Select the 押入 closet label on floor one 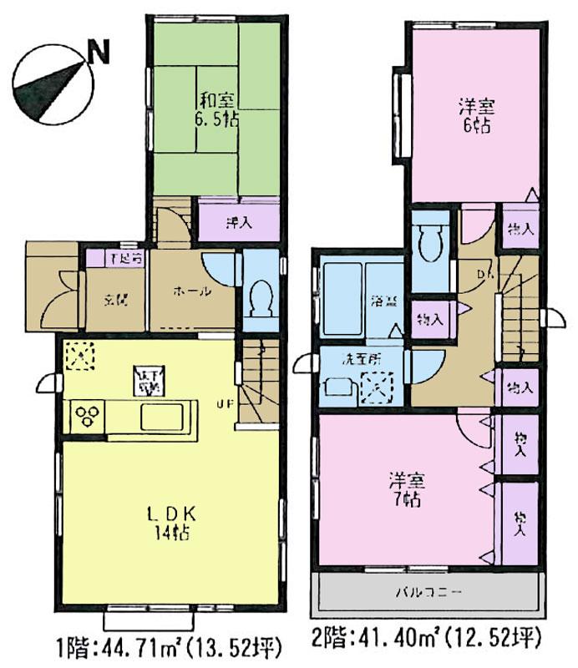[239, 223]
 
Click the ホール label [190, 291]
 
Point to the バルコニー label [427, 594]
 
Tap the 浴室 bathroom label [383, 301]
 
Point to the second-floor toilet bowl [431, 246]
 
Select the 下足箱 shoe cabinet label [127, 258]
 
